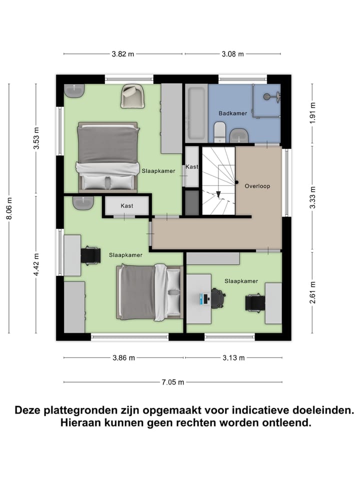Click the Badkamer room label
tap(232, 113)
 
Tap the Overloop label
tap(257, 186)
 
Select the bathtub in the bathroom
tap(195, 113)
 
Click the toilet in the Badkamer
tap(218, 133)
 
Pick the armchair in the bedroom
tap(132, 95)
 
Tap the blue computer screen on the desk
tap(205, 298)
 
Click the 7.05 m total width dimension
tap(172, 382)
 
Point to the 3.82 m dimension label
tap(123, 54)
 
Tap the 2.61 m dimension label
tap(313, 291)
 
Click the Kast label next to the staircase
tap(191, 167)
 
